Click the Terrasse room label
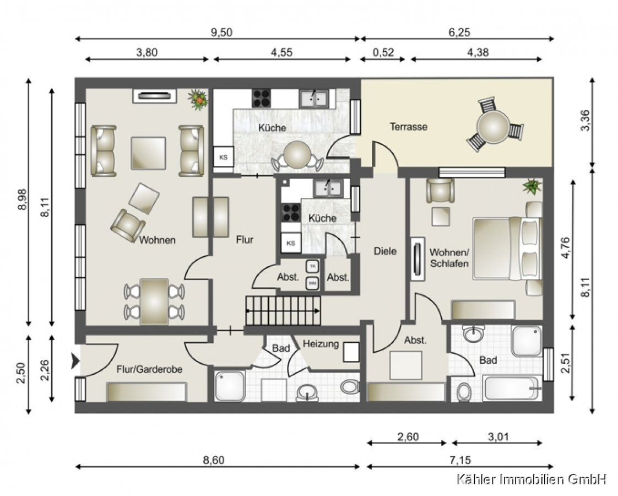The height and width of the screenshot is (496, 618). click(408, 127)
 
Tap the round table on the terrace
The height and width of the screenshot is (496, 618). click(493, 127)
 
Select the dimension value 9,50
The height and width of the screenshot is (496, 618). click(221, 33)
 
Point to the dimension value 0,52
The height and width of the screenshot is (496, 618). click(383, 52)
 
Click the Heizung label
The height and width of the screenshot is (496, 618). click(321, 344)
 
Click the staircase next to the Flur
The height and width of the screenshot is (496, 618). click(283, 311)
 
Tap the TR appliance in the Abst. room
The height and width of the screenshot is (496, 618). click(312, 266)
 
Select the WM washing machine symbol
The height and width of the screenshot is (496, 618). click(312, 283)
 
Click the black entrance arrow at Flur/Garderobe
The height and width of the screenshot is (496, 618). click(75, 361)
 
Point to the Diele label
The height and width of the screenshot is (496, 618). click(385, 251)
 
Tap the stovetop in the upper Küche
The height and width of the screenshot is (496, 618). click(262, 98)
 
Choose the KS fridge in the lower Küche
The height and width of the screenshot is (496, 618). click(291, 243)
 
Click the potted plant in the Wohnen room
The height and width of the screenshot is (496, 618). click(198, 99)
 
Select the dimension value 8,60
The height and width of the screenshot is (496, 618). click(214, 460)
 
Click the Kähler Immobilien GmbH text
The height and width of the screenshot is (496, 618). click(531, 479)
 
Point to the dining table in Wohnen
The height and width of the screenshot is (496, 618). click(154, 301)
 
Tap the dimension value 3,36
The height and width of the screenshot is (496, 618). click(586, 120)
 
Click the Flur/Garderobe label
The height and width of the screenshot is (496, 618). click(149, 369)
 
